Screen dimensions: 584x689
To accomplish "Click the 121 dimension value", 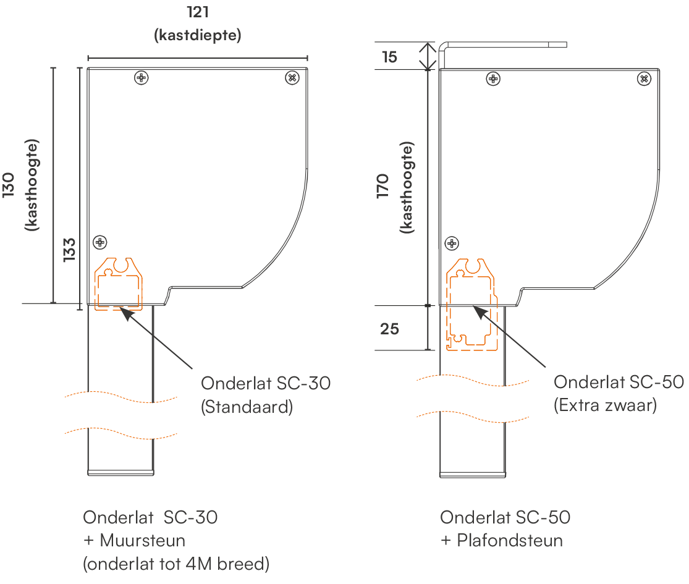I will pos(197,12).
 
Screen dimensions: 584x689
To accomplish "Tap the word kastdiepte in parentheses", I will pos(197,35).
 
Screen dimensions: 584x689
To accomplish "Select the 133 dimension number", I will pos(69,250).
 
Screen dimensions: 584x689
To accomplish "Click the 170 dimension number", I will pos(384,186).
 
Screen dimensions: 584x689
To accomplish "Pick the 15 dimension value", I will pos(390,57).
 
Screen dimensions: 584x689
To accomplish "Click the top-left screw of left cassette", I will pos(142,77).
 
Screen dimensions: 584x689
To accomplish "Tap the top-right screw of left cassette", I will pos(292,77).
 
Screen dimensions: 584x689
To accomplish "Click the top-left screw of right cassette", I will pos(493,78).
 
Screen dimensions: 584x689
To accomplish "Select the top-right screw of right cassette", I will pos(643,78).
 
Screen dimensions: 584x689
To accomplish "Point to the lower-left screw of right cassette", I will pos(452,243).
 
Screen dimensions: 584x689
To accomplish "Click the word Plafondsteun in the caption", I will pos(510,541).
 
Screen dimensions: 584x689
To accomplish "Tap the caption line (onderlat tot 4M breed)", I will pos(176,564).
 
